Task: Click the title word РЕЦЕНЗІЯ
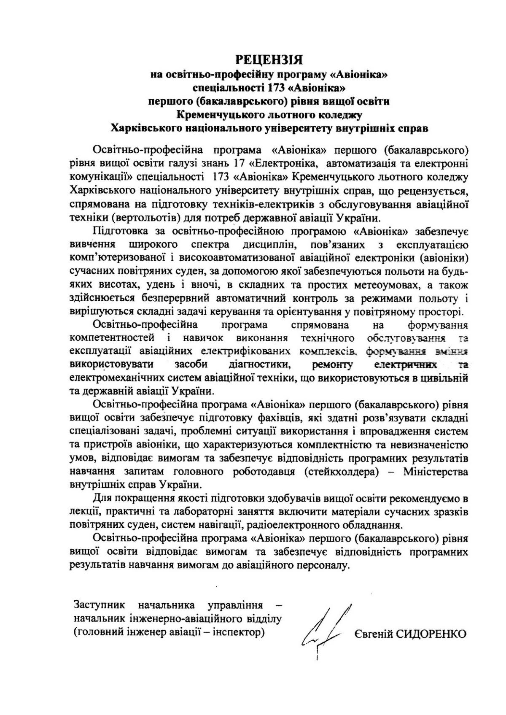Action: tap(269, 59)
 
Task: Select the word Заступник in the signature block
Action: tap(100, 605)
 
